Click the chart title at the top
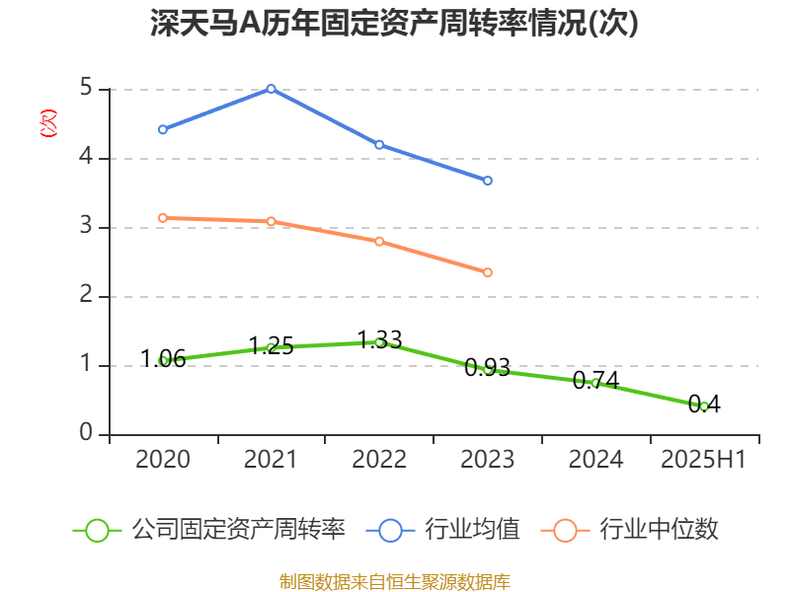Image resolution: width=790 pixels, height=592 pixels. click(394, 23)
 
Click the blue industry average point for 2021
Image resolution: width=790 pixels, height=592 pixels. click(271, 89)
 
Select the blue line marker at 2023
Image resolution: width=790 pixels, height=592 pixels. click(488, 181)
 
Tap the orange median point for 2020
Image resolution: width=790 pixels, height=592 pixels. click(163, 217)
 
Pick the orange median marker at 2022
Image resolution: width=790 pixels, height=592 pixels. click(379, 241)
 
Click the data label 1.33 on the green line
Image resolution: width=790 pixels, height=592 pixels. click(379, 340)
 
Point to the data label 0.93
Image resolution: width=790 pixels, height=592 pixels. click(488, 368)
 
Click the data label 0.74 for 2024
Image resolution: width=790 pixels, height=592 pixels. click(595, 381)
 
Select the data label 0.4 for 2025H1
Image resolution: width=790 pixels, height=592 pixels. click(704, 403)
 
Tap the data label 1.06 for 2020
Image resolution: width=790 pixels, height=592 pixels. click(163, 359)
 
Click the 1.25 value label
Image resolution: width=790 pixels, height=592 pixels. click(271, 346)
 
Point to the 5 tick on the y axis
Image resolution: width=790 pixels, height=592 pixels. click(86, 89)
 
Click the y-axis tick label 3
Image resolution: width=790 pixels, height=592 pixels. click(86, 227)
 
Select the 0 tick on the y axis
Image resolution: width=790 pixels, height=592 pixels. click(86, 434)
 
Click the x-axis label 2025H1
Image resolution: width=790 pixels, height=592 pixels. click(703, 460)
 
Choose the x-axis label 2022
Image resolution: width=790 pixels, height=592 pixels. click(379, 460)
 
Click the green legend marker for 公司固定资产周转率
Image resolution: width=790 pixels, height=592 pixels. click(97, 530)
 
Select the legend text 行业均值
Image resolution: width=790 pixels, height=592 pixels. click(472, 530)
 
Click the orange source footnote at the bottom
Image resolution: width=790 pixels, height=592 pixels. click(394, 581)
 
